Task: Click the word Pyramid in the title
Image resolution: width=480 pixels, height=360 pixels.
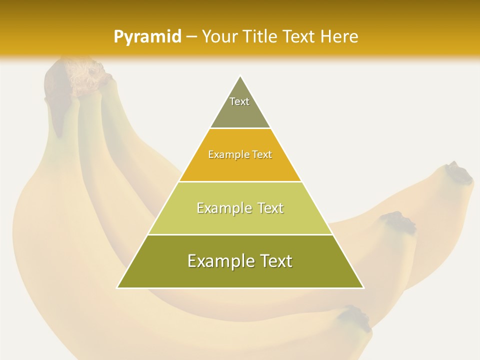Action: tap(147, 36)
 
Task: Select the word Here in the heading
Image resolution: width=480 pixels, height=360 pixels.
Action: tap(339, 36)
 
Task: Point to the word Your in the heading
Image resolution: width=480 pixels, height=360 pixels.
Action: tap(219, 36)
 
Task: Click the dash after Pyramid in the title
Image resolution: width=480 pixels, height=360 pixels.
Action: tap(191, 37)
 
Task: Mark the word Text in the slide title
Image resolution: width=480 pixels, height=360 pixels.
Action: tap(300, 36)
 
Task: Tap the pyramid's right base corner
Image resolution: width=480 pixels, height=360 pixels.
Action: tap(363, 287)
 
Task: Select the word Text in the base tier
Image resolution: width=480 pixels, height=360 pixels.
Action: tap(274, 261)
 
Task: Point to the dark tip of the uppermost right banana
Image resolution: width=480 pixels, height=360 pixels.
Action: tap(459, 173)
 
